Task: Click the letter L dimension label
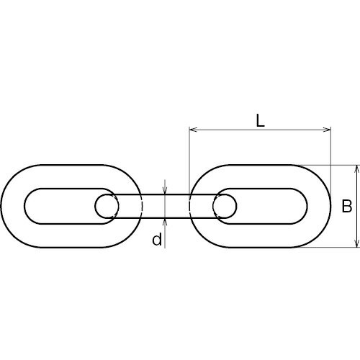click(260, 121)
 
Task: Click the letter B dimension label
click(347, 206)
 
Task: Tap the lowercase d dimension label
click(157, 239)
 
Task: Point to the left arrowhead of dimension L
click(193, 130)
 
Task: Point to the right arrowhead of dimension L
click(327, 130)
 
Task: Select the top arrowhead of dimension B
click(357, 169)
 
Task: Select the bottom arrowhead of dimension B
click(357, 243)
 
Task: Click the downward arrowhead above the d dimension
click(165, 190)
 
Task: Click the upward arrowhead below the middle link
click(165, 222)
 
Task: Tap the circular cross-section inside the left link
click(107, 206)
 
